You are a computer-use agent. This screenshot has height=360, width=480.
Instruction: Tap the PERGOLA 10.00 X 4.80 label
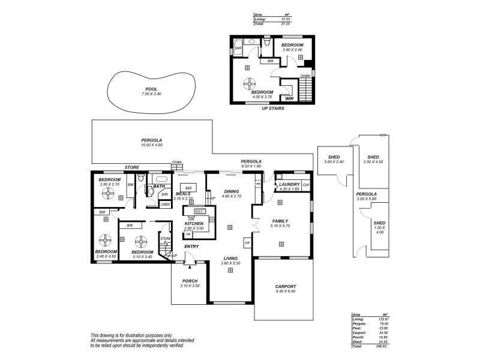tap(152, 140)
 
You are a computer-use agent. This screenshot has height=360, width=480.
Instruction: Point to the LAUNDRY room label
tap(289, 184)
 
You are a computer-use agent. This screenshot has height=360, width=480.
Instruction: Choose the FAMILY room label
tap(281, 221)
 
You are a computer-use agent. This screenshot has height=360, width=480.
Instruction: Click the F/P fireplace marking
tap(247, 242)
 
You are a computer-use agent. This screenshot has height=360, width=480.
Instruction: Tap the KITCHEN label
tap(194, 223)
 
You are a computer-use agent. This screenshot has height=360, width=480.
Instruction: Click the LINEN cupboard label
tap(165, 205)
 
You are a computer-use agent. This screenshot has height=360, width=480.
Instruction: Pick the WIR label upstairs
tap(289, 99)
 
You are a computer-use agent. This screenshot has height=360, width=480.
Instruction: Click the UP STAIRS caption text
tap(273, 109)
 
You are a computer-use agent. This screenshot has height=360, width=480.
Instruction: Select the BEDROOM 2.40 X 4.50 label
tap(105, 251)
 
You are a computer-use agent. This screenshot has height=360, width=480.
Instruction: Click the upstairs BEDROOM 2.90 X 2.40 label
tap(293, 46)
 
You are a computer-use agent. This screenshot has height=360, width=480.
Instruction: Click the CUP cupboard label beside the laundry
tap(306, 185)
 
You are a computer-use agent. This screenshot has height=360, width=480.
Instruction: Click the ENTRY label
tap(191, 246)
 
